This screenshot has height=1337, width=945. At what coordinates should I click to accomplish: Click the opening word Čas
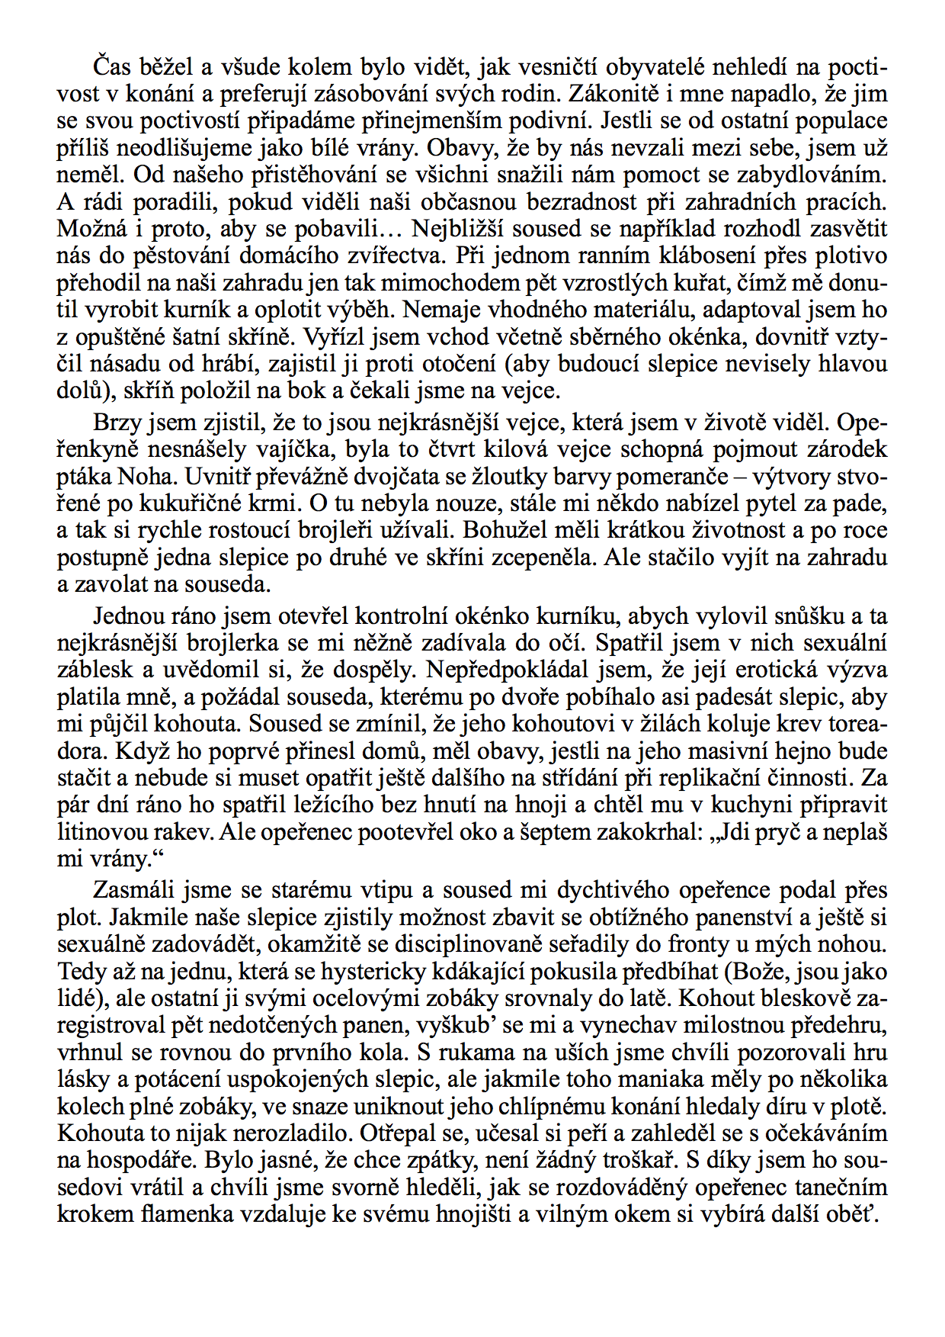click(111, 68)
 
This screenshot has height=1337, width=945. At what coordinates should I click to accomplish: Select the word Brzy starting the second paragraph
click(115, 423)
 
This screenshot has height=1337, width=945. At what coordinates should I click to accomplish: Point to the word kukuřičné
click(202, 504)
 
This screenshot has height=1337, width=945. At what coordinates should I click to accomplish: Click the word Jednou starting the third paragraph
click(127, 616)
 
